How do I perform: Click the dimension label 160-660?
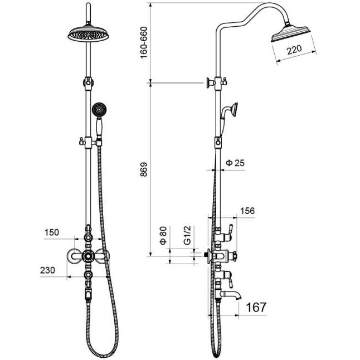[x=144, y=43]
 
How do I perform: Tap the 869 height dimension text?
[x=144, y=169]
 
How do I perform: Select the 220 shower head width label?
[x=294, y=50]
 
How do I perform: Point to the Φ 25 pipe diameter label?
[x=235, y=163]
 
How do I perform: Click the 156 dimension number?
[x=247, y=211]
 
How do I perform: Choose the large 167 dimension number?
[x=256, y=307]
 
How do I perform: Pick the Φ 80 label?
[x=163, y=236]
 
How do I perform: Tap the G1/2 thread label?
[x=187, y=235]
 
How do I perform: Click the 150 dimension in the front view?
[x=52, y=232]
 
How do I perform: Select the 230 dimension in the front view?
[x=47, y=270]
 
